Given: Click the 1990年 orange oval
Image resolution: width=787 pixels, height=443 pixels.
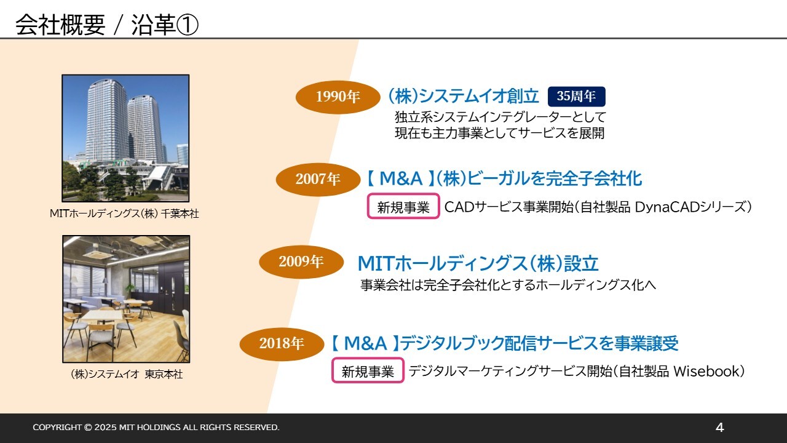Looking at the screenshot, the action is [338, 97].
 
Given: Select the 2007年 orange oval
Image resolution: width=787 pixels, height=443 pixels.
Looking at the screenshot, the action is [318, 179].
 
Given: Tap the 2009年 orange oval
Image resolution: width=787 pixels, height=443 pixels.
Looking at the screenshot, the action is [301, 261].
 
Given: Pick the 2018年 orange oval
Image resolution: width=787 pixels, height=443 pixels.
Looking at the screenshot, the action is [282, 344].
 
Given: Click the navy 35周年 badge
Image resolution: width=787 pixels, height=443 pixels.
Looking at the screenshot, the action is [577, 97].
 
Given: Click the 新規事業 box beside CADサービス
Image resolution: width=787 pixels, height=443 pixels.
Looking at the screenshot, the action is [403, 206].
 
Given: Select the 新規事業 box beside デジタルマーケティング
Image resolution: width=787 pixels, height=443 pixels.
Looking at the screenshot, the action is [368, 370].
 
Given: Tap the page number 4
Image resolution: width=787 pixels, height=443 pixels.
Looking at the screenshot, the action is [719, 428].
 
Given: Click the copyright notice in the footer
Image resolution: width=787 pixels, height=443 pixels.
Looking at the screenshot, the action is [156, 427].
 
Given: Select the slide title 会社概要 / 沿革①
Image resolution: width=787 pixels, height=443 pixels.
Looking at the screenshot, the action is [107, 25].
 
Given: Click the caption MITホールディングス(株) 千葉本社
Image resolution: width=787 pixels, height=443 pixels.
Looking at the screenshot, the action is [124, 214].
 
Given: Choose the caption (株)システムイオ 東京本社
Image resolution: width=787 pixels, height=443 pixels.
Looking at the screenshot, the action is [127, 374].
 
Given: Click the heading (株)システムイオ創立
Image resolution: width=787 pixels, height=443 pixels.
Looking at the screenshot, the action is [464, 96].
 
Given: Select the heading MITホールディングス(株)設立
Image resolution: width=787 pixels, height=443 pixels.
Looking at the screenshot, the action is [478, 263].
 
